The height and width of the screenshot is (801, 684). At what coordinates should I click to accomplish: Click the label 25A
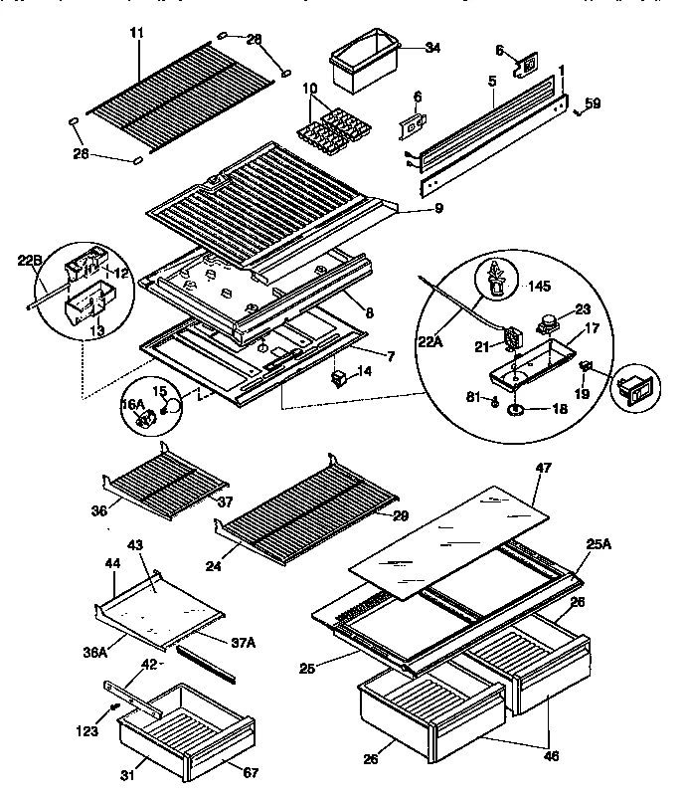pos(598,544)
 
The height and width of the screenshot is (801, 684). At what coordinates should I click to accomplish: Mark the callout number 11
pos(136,32)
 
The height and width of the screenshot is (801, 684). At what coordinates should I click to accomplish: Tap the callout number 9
pos(410,208)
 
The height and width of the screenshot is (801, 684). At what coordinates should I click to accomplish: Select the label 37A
pos(245,643)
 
